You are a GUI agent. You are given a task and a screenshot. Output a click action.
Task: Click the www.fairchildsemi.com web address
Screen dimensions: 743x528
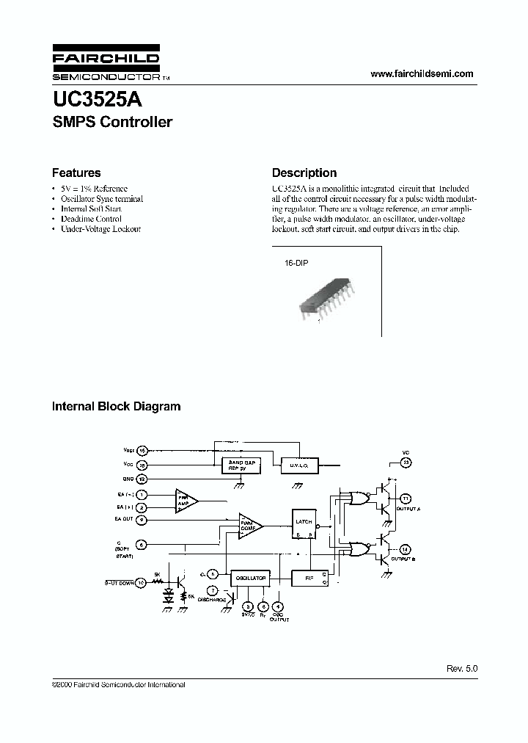422,73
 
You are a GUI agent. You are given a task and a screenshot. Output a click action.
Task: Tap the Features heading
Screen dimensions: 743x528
76,173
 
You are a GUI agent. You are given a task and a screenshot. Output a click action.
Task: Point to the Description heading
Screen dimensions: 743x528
304,173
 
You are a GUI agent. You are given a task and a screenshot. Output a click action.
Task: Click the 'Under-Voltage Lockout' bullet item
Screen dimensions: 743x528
100,229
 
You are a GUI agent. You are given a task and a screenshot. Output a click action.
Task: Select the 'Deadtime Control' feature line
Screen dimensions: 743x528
91,219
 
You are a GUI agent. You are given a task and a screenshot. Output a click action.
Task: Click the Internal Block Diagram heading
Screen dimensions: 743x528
116,406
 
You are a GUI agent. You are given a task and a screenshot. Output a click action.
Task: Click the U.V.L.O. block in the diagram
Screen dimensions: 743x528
296,465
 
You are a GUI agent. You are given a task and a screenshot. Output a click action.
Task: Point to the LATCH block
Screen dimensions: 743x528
304,523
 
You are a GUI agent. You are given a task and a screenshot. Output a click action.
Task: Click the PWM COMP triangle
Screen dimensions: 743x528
249,525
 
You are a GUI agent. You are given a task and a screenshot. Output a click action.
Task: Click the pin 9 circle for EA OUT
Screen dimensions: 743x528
142,520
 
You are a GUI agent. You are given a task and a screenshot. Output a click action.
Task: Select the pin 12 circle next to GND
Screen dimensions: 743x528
142,478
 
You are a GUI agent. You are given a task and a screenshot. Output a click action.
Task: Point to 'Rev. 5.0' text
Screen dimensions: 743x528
462,669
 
